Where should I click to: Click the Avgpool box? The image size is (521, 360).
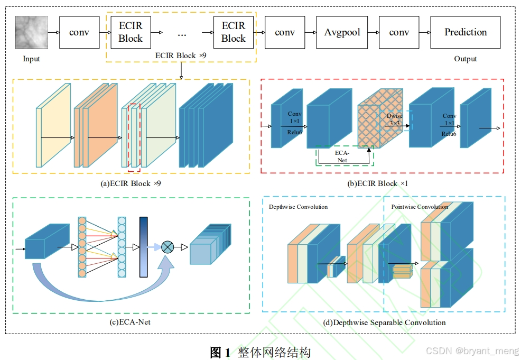pyautogui.click(x=342, y=32)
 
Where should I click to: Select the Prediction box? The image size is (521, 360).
pyautogui.click(x=465, y=32)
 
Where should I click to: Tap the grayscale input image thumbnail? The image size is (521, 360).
pyautogui.click(x=32, y=32)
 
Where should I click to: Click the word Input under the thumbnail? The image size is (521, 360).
pyautogui.click(x=31, y=59)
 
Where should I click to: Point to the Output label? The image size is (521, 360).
pyautogui.click(x=465, y=59)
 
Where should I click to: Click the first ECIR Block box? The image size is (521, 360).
pyautogui.click(x=131, y=32)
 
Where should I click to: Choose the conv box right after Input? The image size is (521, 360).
pyautogui.click(x=79, y=32)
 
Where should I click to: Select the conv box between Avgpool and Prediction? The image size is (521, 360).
pyautogui.click(x=399, y=32)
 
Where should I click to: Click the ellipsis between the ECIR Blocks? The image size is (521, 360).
pyautogui.click(x=182, y=34)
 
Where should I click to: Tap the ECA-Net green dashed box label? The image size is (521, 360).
pyautogui.click(x=342, y=156)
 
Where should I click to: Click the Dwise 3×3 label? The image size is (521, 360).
pyautogui.click(x=394, y=119)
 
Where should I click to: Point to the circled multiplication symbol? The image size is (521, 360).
pyautogui.click(x=168, y=246)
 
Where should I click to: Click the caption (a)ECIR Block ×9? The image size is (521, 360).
pyautogui.click(x=131, y=183)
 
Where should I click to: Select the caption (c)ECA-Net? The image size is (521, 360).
pyautogui.click(x=131, y=322)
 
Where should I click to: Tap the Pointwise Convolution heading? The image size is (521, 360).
pyautogui.click(x=420, y=207)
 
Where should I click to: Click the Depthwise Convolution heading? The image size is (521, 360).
pyautogui.click(x=298, y=207)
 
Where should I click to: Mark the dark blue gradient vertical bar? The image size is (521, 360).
pyautogui.click(x=143, y=246)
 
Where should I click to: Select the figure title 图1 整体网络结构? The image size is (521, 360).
pyautogui.click(x=260, y=352)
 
